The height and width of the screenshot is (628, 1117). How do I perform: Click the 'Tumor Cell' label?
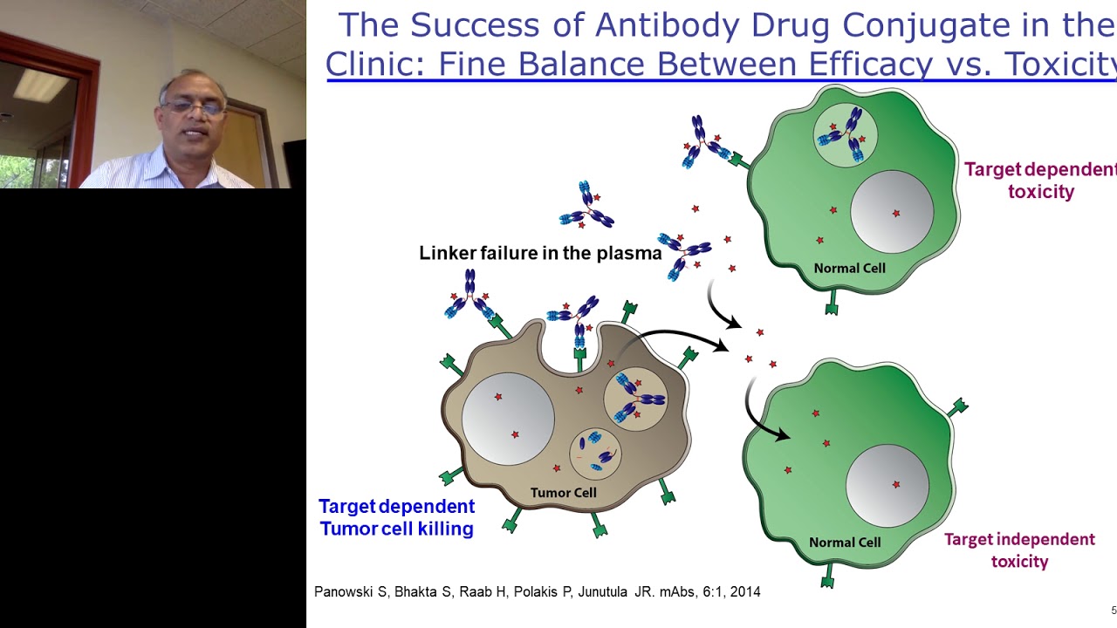[563, 493]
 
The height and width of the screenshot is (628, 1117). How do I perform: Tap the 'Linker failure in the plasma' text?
[540, 254]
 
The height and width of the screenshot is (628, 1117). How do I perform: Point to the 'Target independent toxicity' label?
[1019, 550]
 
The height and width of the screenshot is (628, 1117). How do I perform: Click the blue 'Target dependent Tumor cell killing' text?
[396, 517]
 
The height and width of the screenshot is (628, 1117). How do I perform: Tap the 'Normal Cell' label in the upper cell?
[849, 268]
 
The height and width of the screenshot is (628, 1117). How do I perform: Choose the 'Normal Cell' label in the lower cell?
[844, 543]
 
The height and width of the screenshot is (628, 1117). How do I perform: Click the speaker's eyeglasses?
[192, 106]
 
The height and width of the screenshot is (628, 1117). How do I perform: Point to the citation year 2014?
[744, 592]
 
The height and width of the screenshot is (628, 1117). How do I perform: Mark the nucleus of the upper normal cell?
[892, 212]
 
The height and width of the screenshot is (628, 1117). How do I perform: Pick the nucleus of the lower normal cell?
[887, 485]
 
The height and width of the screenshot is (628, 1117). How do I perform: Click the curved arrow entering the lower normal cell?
[759, 410]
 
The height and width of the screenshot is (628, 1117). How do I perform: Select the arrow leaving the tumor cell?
[681, 338]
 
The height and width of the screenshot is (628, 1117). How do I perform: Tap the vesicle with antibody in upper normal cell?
[845, 135]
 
